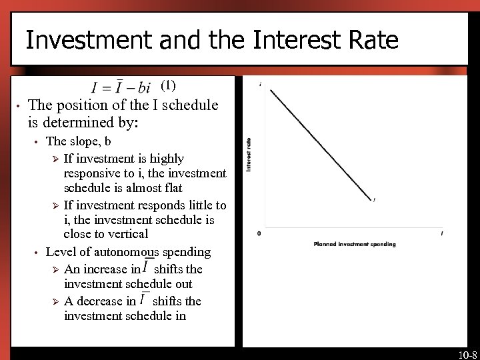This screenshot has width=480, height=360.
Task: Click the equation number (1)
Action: pos(169,85)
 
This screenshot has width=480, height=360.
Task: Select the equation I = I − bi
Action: pos(121,88)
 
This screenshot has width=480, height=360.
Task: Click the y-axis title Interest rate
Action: pos(249,155)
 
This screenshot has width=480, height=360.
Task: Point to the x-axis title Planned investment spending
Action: pos(354,244)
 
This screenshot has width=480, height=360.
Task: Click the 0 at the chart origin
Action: pos(259,233)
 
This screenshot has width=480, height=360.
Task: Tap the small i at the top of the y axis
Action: pos(259,84)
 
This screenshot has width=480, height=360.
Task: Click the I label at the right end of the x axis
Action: pos(442,233)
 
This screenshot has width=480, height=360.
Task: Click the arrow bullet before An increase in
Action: pos(56,269)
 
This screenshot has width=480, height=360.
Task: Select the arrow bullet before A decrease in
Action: pos(56,301)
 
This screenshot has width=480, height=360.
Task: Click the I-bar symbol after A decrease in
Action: pos(144,299)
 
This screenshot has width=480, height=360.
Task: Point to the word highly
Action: pos(167,159)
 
